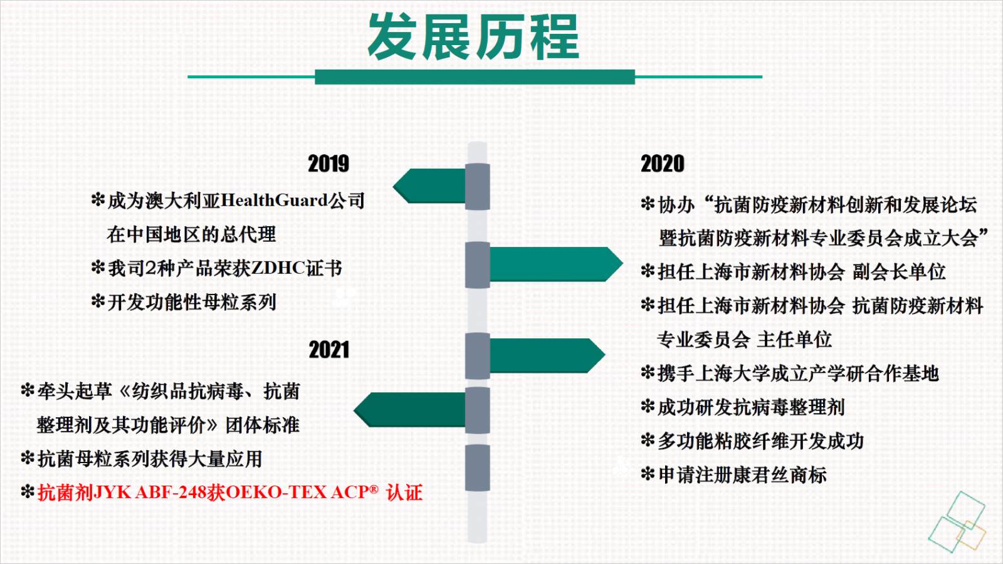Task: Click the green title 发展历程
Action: coord(474,37)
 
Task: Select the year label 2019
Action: coord(328,164)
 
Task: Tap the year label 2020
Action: coord(662,164)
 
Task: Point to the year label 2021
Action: coord(328,350)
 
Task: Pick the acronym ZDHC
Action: coord(278,268)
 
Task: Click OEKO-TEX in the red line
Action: coord(276,493)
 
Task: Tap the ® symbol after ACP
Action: coord(374,489)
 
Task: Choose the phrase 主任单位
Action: coord(794,340)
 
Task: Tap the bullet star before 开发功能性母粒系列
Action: coord(98,301)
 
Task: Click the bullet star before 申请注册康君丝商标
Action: coord(648,474)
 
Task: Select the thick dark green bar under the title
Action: coord(475,77)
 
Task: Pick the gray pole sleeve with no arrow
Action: coord(477,467)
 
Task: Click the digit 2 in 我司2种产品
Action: coord(151,268)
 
